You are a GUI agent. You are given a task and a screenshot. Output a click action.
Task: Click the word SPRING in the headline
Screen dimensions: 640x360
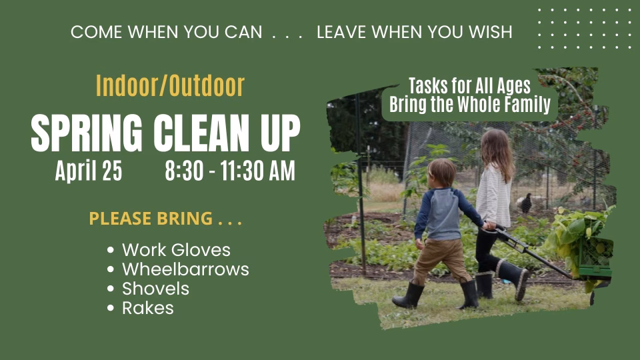[87, 133]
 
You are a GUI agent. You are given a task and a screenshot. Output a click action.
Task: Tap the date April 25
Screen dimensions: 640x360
[89, 170]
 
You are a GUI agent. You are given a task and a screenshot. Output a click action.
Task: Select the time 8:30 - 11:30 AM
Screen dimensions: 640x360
[230, 170]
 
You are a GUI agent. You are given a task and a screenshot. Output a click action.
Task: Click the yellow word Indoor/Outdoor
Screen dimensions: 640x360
[170, 86]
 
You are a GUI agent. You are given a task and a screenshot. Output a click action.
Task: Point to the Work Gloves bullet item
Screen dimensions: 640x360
[176, 250]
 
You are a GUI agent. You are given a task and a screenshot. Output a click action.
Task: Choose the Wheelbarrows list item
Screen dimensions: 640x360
[185, 269]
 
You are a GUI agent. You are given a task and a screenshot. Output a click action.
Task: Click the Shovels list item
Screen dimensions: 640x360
[155, 289]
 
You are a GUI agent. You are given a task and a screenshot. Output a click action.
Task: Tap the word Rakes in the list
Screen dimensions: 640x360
[148, 308]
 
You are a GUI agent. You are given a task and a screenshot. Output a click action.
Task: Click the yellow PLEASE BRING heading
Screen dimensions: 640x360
[165, 219]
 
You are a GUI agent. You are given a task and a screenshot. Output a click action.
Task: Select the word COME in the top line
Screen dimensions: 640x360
[96, 32]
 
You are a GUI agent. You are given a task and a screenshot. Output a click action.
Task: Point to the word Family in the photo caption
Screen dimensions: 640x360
[527, 105]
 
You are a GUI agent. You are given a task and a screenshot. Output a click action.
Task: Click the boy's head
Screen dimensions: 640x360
[442, 173]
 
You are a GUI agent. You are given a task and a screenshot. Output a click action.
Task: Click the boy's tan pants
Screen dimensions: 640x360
[442, 261]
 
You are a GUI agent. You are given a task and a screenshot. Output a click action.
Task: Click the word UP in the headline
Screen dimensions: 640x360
[280, 133]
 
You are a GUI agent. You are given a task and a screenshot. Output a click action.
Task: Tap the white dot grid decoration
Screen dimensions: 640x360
[585, 29]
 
